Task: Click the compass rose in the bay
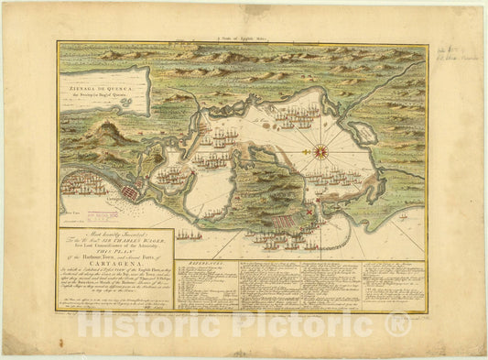[x=322, y=151]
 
